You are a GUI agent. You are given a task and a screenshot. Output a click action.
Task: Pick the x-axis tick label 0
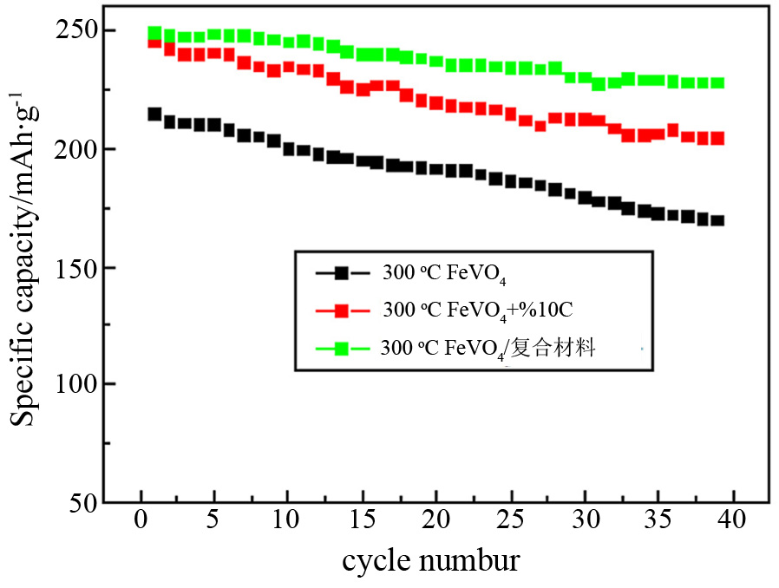tap(141, 523)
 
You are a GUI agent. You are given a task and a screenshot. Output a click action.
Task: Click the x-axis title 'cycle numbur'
tap(430, 561)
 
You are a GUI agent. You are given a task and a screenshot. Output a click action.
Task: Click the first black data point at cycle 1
tap(155, 114)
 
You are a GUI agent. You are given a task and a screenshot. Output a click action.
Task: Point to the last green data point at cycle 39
tap(717, 83)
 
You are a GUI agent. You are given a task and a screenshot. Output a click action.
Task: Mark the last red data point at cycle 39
tap(717, 139)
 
